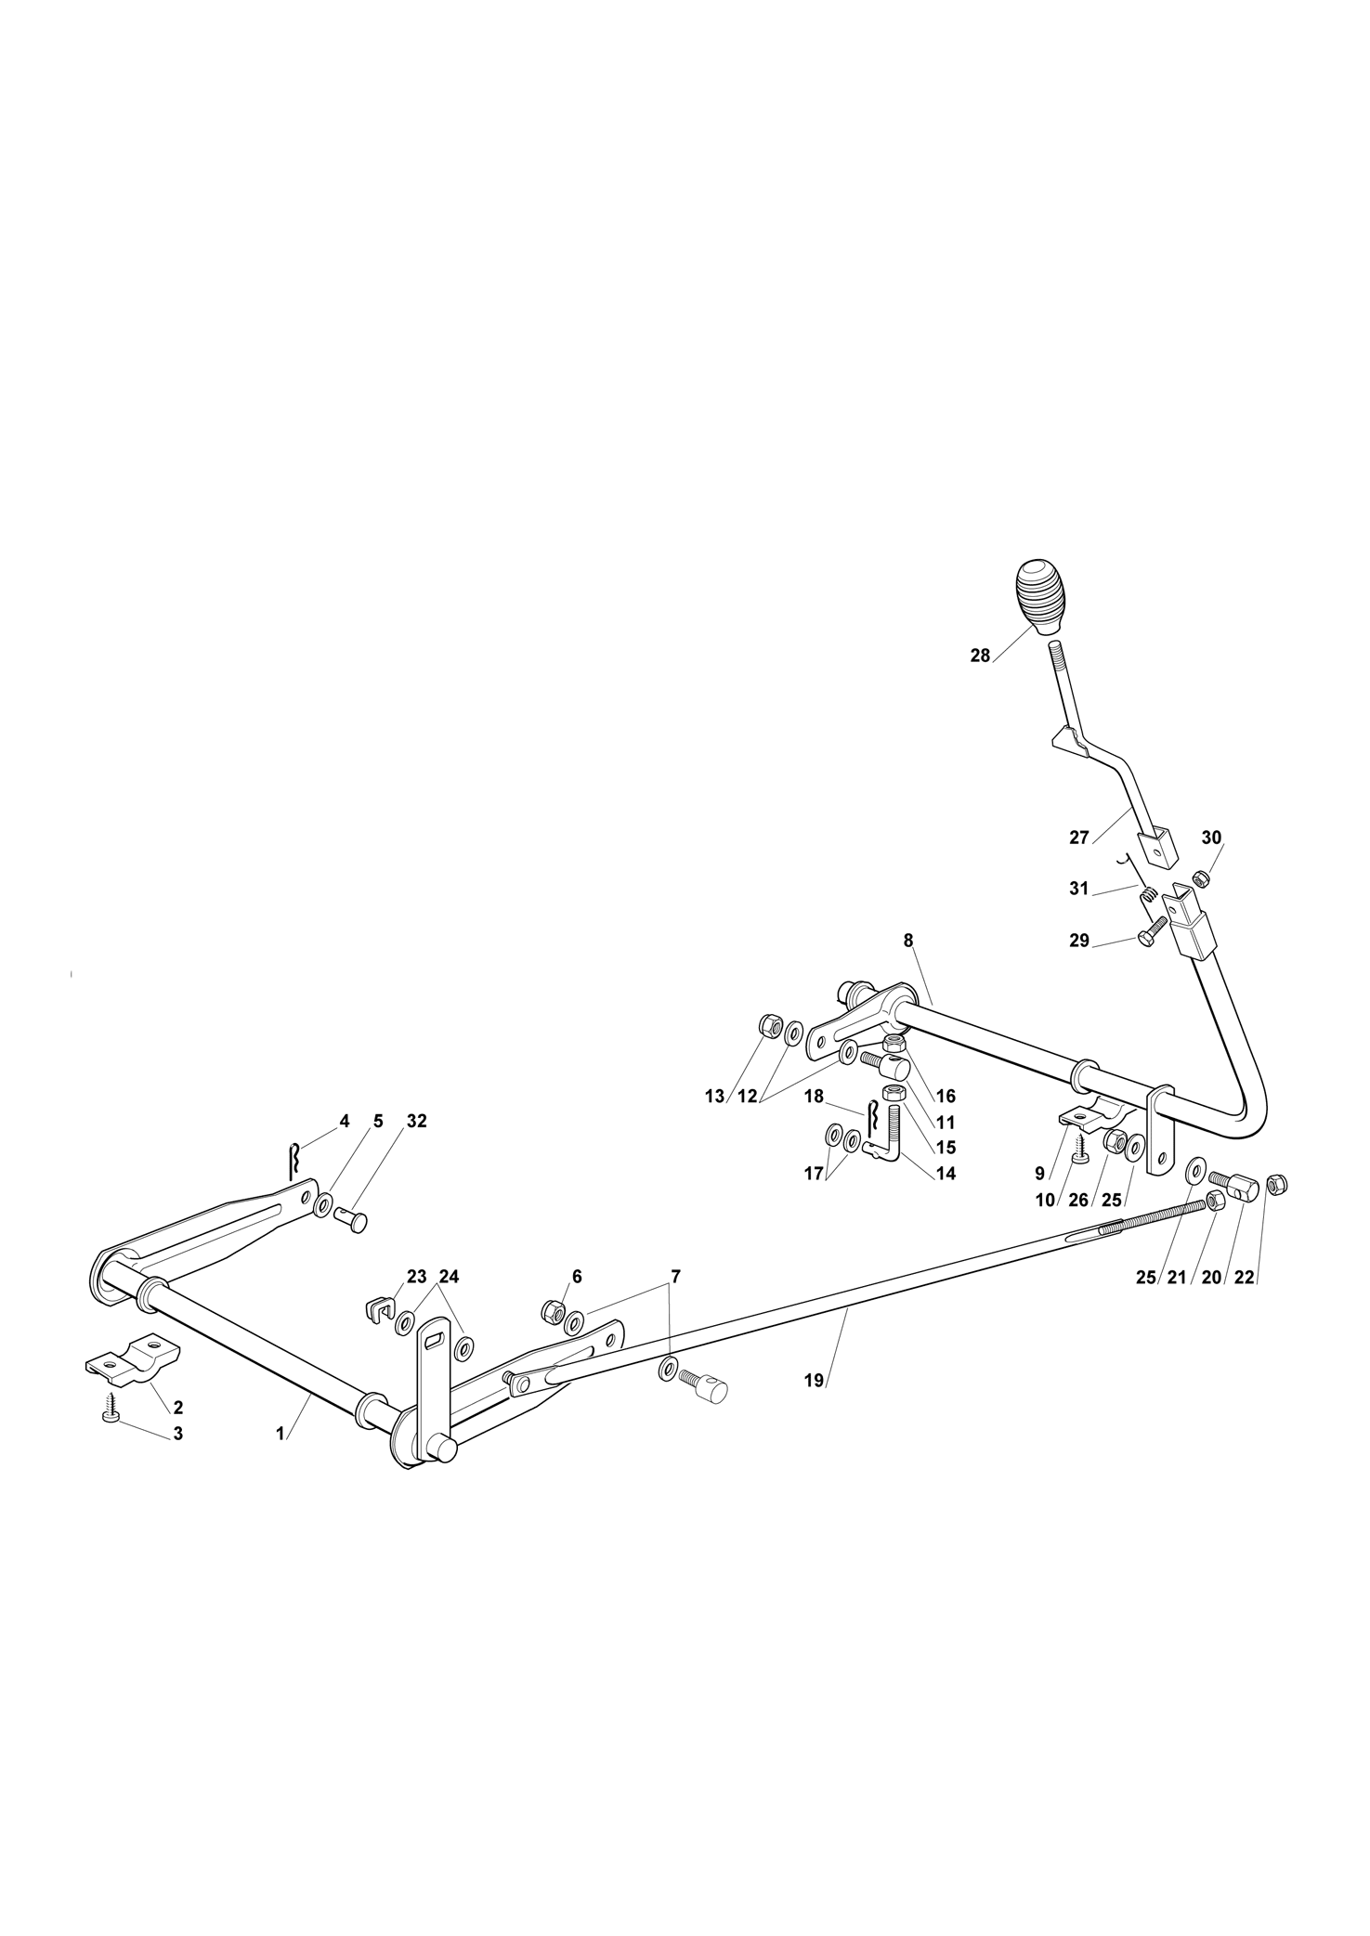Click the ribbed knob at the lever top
pos(1041,596)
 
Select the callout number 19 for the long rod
pos(814,1407)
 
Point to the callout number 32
pos(416,1121)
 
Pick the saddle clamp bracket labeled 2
pos(133,1360)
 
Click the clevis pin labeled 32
pos(354,1220)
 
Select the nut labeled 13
pos(769,1026)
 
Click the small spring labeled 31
pos(1150,893)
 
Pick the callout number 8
pos(908,941)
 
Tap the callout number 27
pos(1078,838)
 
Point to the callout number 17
pos(814,1174)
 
